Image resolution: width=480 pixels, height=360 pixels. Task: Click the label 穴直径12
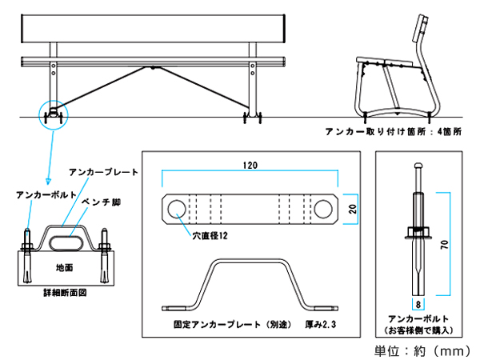point(210,236)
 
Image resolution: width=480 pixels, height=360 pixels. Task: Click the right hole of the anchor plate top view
point(323,208)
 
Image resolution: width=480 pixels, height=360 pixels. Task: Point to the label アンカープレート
point(104,172)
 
